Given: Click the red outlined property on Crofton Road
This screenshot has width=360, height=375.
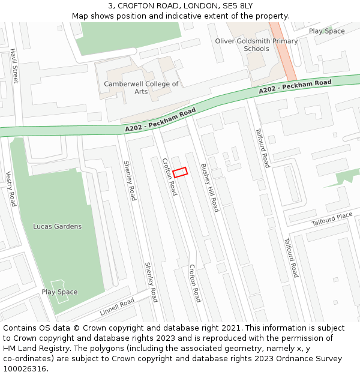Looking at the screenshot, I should (180, 172).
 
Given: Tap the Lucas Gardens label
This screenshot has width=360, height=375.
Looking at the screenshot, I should (57, 226).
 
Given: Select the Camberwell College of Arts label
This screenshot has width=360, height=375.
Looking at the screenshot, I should (141, 88).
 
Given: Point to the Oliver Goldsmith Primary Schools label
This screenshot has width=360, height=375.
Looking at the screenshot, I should (256, 45).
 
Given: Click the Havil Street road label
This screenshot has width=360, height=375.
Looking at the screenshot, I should (14, 66).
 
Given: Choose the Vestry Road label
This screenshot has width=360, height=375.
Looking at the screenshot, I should (10, 189).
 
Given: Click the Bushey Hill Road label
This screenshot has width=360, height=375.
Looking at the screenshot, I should (210, 187).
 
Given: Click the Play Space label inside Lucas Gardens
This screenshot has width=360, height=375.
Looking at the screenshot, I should (59, 292).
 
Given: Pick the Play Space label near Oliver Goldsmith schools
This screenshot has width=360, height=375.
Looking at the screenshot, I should (326, 31).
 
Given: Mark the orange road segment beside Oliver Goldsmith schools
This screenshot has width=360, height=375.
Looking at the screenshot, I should (282, 51).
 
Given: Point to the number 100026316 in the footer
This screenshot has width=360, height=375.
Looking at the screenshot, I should (25, 368).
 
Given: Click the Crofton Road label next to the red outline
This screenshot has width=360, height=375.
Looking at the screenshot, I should (169, 177).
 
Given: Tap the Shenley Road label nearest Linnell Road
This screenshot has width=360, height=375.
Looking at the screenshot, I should (150, 282).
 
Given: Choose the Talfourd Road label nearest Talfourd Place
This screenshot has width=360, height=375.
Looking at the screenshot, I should (291, 258).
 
